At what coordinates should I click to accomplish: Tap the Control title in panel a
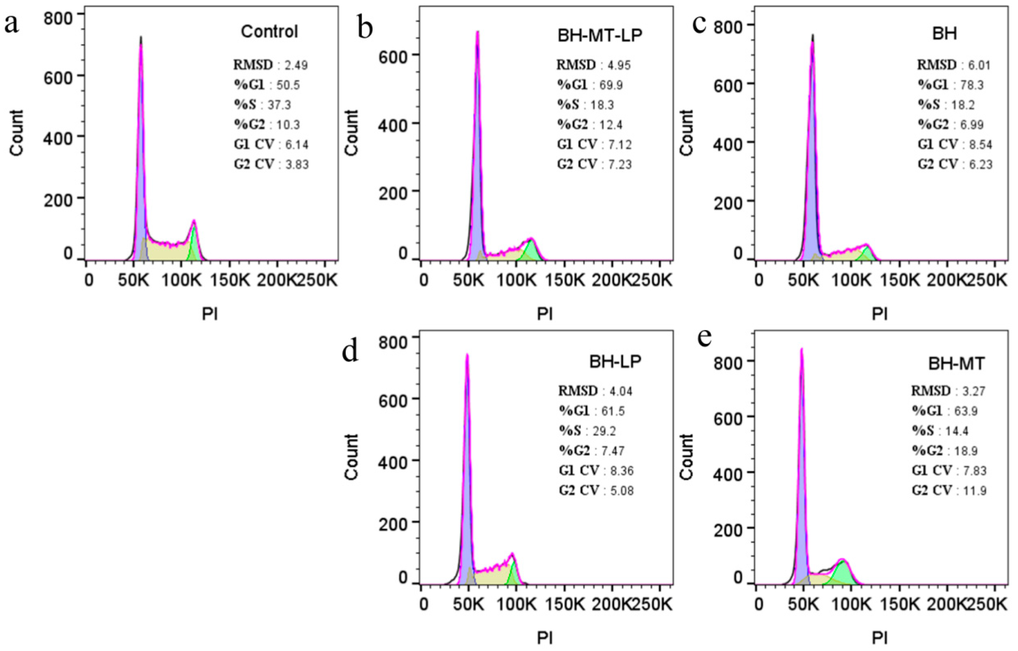269,32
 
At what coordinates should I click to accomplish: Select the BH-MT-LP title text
600,36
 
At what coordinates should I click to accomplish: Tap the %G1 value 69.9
611,85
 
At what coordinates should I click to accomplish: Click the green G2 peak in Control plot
194,245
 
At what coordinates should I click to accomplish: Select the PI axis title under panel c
880,314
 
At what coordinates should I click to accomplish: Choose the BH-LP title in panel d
615,361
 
